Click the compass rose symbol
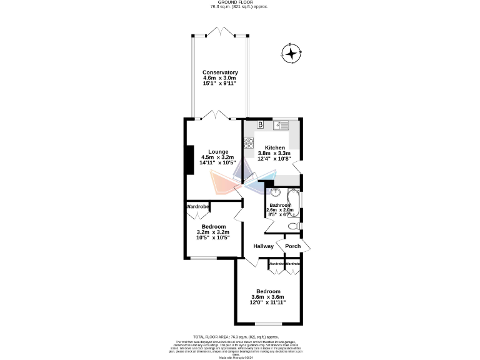292,54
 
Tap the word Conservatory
220,72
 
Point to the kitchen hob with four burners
248,144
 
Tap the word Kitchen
274,147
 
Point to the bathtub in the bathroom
297,201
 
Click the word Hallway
264,246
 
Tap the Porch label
292,246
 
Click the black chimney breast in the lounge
187,160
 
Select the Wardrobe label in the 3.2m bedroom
197,206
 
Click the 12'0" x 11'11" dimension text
268,302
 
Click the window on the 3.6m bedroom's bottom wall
268,323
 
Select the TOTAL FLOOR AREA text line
240,336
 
